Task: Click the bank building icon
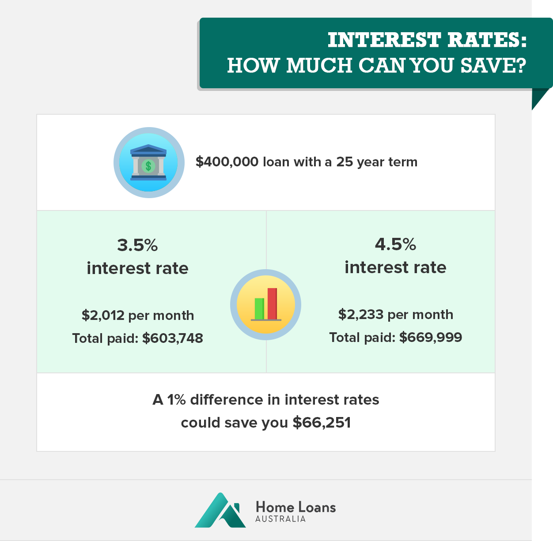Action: (148, 162)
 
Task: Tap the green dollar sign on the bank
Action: (148, 166)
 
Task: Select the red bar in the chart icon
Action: (273, 304)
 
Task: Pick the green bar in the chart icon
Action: (259, 309)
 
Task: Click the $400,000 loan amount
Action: (227, 162)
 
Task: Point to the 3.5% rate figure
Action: (137, 245)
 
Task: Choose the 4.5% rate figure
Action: (395, 244)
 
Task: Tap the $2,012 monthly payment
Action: (103, 315)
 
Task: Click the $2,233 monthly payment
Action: (361, 314)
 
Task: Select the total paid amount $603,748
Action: (172, 338)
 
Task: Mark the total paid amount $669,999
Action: (431, 337)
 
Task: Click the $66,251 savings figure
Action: (322, 422)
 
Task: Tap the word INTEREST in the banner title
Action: (384, 40)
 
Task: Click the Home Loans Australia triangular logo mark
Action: (220, 510)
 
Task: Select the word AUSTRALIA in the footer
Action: (280, 518)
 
